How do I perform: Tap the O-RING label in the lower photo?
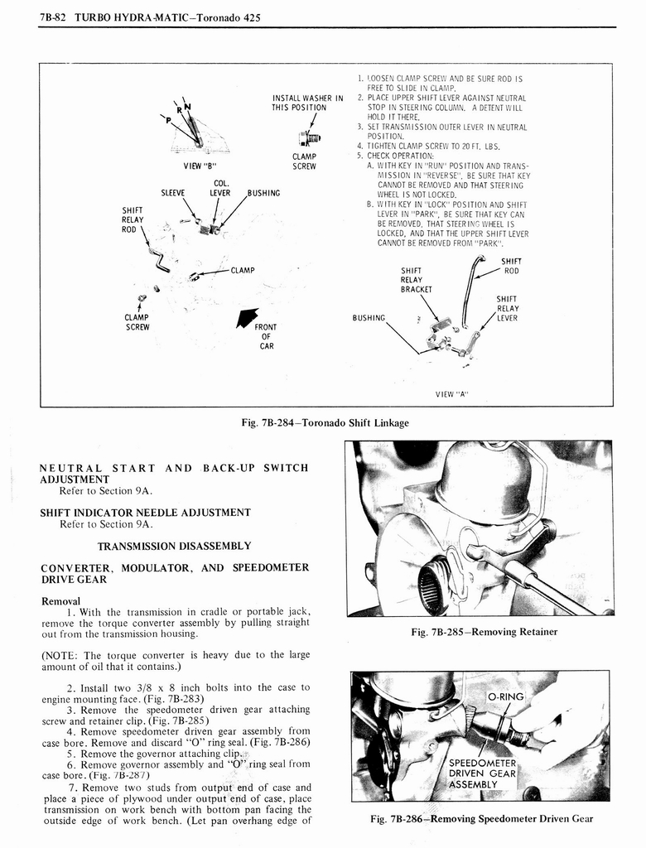(505, 696)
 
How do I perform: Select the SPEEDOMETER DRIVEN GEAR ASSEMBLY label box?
(482, 773)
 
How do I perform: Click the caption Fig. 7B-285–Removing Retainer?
(484, 632)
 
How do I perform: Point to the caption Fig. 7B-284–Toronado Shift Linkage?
(325, 422)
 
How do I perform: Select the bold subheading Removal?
(60, 600)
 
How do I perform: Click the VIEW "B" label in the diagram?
(200, 164)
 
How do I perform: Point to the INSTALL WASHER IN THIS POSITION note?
(307, 104)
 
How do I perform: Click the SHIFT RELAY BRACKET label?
(417, 280)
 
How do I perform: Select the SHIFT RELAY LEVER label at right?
(507, 308)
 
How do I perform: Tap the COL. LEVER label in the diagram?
(220, 188)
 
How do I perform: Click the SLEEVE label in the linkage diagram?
(172, 193)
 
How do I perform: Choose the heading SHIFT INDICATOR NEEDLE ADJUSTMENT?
(145, 512)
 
